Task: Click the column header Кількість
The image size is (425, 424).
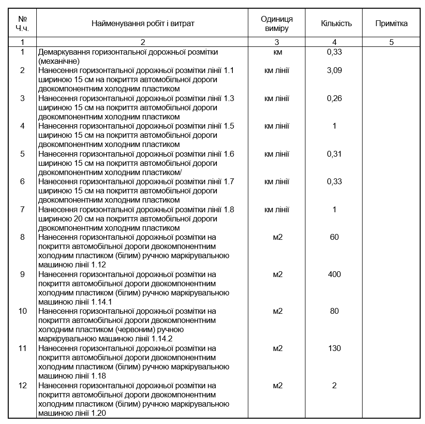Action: pyautogui.click(x=336, y=23)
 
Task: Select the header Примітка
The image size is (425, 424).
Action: pyautogui.click(x=391, y=23)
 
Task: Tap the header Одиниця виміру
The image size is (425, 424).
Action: pyautogui.click(x=277, y=23)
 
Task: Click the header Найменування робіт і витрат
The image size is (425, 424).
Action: pyautogui.click(x=143, y=23)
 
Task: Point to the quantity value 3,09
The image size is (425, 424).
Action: pyautogui.click(x=334, y=71)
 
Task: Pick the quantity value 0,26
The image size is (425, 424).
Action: pyautogui.click(x=334, y=98)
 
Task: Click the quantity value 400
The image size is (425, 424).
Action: pyautogui.click(x=334, y=274)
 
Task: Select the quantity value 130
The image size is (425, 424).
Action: pyautogui.click(x=334, y=348)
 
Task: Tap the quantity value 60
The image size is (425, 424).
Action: pyautogui.click(x=334, y=237)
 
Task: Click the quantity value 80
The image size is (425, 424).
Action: pyautogui.click(x=334, y=311)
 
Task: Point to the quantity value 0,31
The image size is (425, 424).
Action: pyautogui.click(x=334, y=154)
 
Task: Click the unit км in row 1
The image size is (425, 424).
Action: pyautogui.click(x=277, y=52)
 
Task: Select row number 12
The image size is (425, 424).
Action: pyautogui.click(x=22, y=385)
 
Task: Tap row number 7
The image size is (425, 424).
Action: pyautogui.click(x=22, y=209)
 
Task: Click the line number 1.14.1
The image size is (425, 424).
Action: pyautogui.click(x=102, y=302)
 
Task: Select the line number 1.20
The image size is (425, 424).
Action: pyautogui.click(x=98, y=413)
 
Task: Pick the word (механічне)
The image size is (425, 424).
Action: pyautogui.click(x=59, y=61)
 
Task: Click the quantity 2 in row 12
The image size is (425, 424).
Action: pyautogui.click(x=334, y=385)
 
